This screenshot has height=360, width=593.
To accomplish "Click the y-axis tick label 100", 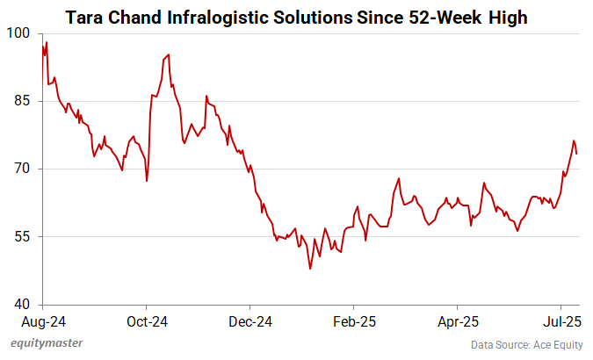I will tap(18, 32).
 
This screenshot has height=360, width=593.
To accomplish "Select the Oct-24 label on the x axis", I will tap(147, 321).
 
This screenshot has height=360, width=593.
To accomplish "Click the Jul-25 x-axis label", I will tap(560, 321).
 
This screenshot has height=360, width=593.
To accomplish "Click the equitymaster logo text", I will tap(53, 343).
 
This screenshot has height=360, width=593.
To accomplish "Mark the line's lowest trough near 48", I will tap(310, 269).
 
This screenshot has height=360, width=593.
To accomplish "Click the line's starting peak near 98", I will tap(46, 42).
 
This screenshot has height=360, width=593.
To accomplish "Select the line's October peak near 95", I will tap(168, 54).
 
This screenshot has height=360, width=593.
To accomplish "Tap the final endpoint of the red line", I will tap(576, 154).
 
